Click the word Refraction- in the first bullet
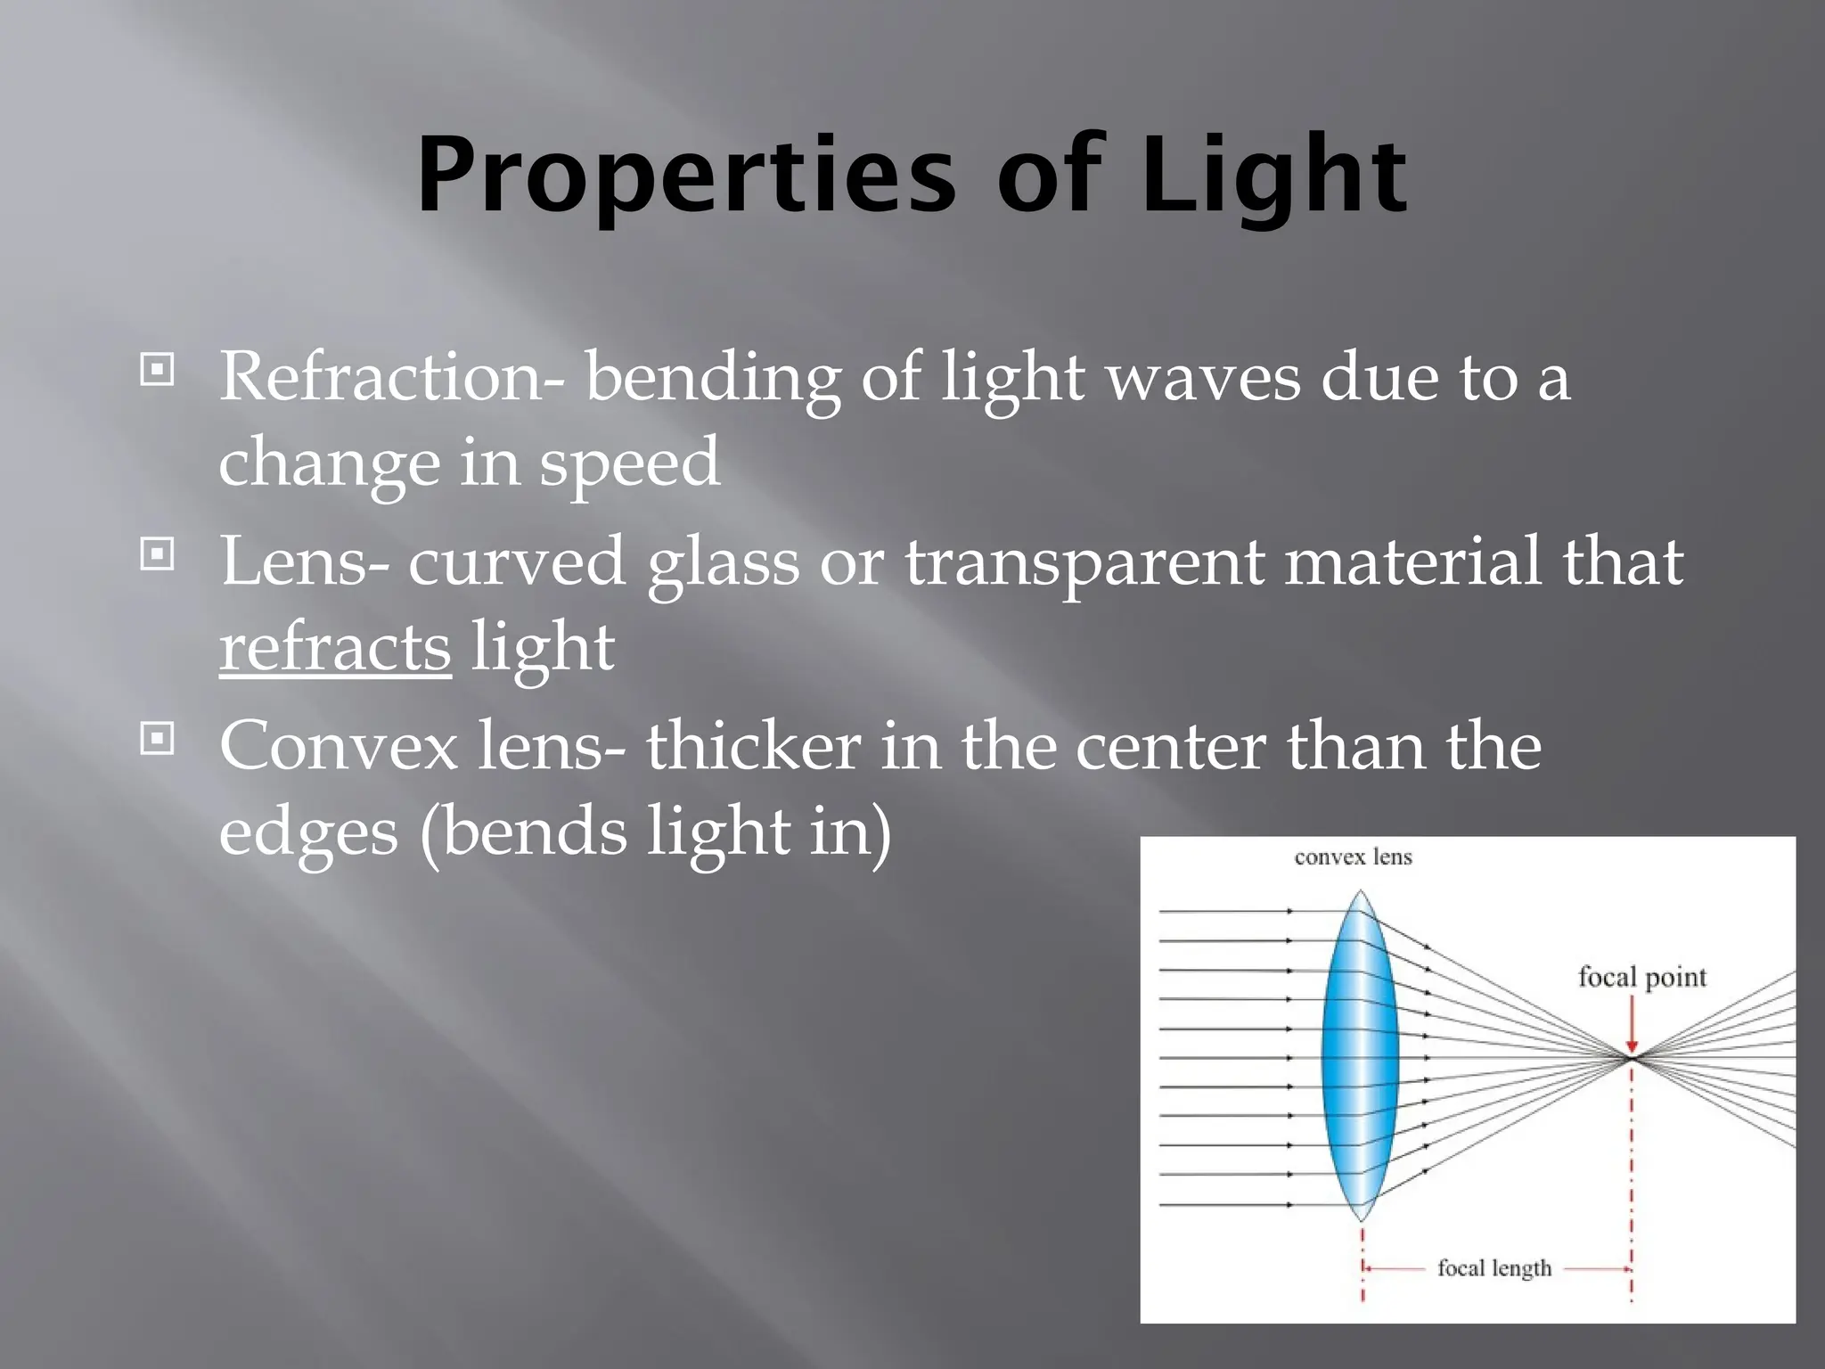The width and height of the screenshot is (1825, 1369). (390, 377)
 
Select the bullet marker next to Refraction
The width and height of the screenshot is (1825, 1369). (158, 370)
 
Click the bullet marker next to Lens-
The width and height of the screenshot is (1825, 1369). (158, 555)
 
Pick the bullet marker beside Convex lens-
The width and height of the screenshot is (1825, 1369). (158, 739)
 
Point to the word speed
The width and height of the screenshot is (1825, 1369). (629, 463)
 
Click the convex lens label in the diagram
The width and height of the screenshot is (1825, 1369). (1353, 857)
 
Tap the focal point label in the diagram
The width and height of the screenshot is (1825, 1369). (1641, 977)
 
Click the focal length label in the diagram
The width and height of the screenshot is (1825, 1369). (1494, 1267)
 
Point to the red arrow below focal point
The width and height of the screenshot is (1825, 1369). (1632, 1023)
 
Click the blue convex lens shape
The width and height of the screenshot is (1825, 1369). (1361, 1056)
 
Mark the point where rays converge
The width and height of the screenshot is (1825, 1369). (1632, 1058)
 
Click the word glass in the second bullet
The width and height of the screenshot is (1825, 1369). (723, 563)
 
